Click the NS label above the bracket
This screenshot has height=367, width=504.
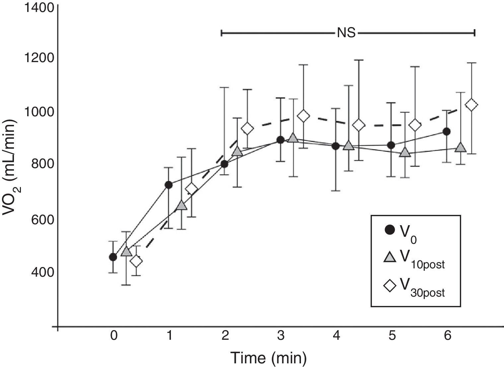tap(346, 33)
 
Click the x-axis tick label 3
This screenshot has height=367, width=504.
tap(280, 336)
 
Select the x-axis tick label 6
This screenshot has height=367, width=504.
tap(448, 336)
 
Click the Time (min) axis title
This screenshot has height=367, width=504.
tap(269, 358)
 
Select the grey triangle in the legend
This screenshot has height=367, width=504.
tap(390, 257)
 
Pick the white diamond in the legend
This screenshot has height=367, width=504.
tap(390, 286)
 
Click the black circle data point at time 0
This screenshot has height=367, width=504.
tap(113, 257)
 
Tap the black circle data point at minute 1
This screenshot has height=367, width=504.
tap(169, 185)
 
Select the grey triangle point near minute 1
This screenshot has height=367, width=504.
tap(181, 205)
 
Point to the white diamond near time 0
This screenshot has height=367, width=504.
tap(136, 261)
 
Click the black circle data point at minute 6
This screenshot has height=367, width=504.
tap(447, 132)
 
